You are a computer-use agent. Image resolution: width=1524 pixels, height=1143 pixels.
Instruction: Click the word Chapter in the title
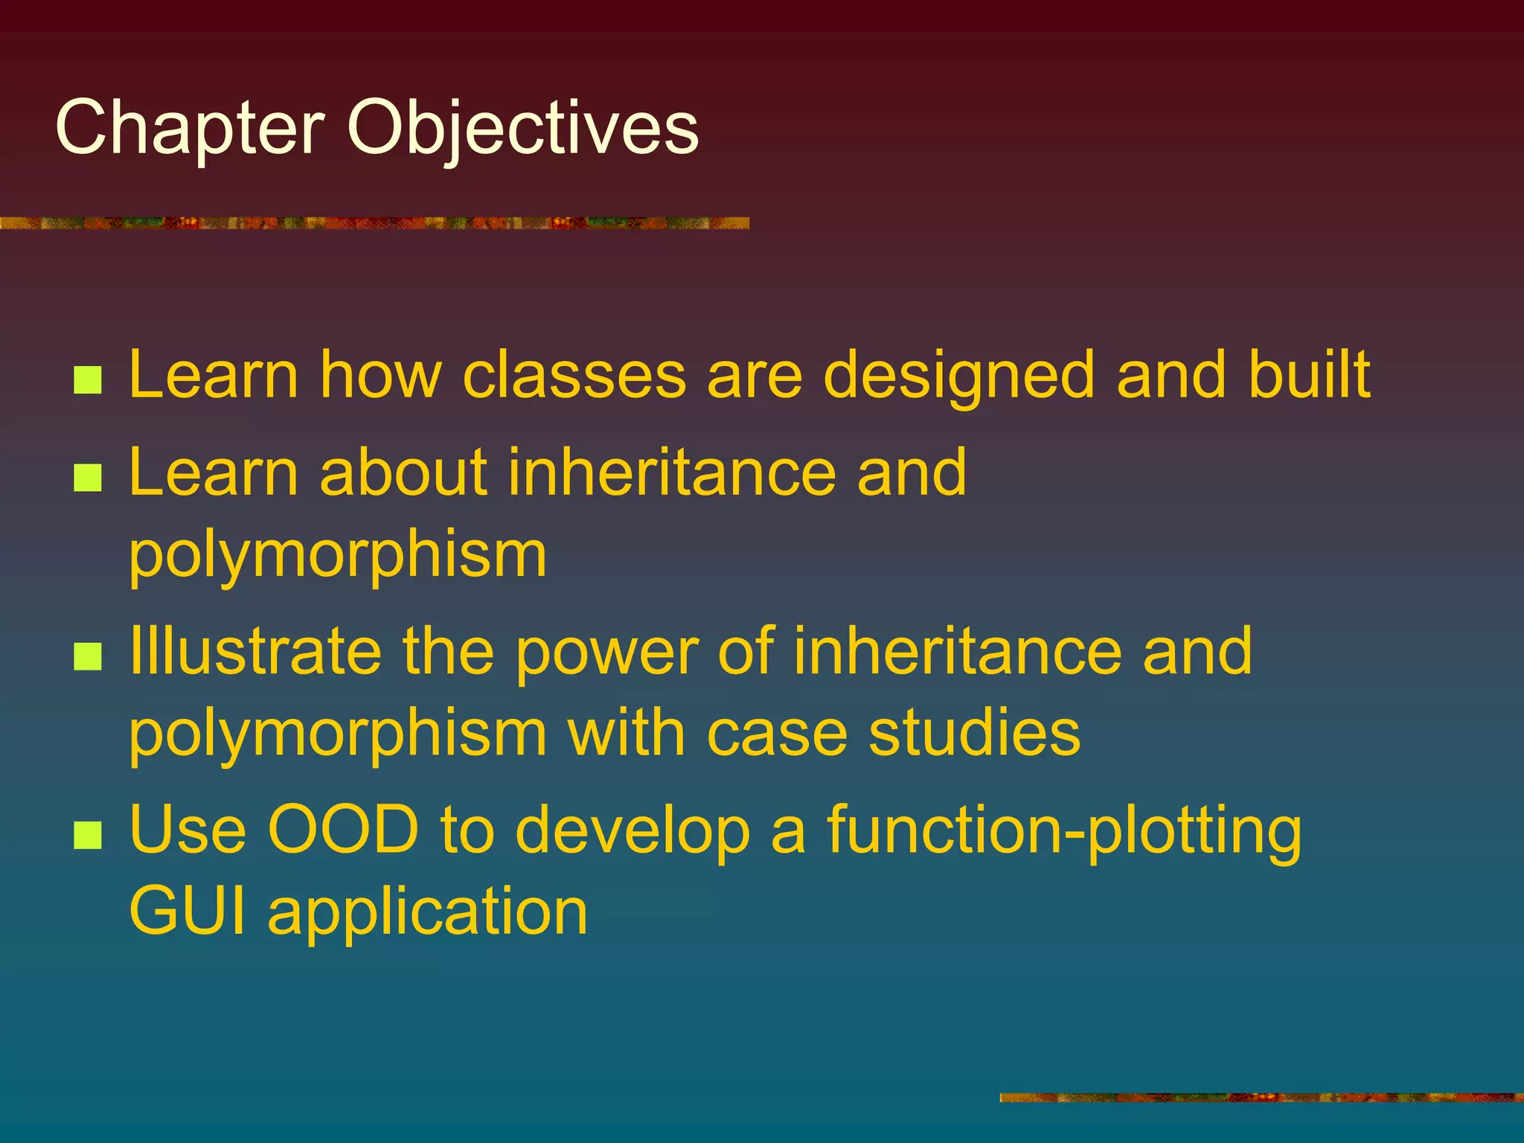point(190,128)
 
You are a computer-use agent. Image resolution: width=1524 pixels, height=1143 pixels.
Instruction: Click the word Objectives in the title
point(522,128)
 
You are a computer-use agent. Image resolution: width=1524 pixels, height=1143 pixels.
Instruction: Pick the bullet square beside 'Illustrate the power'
point(88,656)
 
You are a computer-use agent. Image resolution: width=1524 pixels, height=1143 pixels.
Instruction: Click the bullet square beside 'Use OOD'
point(88,835)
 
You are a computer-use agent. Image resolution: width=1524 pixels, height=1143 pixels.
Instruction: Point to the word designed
point(959,377)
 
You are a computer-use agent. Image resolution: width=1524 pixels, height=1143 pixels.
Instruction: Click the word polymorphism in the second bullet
point(338,556)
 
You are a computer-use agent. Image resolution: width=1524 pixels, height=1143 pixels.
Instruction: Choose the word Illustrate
point(255,650)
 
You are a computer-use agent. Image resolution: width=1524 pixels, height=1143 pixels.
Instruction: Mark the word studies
point(974,733)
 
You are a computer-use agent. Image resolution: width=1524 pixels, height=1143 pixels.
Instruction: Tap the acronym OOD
point(343,830)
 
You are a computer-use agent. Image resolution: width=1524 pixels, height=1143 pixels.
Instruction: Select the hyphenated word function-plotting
point(1064,831)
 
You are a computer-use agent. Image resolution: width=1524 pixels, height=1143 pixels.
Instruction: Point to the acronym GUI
point(187,912)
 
